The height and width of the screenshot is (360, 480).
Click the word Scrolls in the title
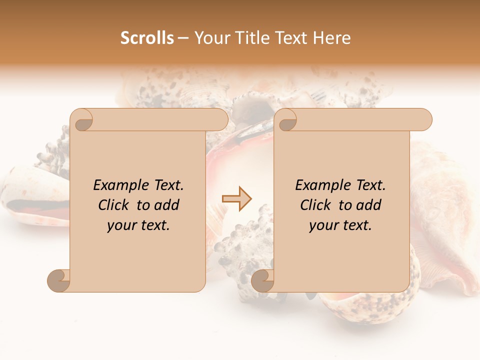coord(147,38)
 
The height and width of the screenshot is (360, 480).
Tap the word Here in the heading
coord(331,38)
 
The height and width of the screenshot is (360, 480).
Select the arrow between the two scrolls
coord(236,198)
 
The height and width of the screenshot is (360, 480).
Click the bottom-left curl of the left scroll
coord(58,280)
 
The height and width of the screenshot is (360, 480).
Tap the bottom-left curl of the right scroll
coord(262,280)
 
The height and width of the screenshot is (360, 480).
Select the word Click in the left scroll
coord(115,205)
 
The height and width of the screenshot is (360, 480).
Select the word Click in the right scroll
coord(317,205)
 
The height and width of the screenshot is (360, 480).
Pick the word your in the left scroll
coord(121,225)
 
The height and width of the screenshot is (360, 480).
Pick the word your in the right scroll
coord(323,225)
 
